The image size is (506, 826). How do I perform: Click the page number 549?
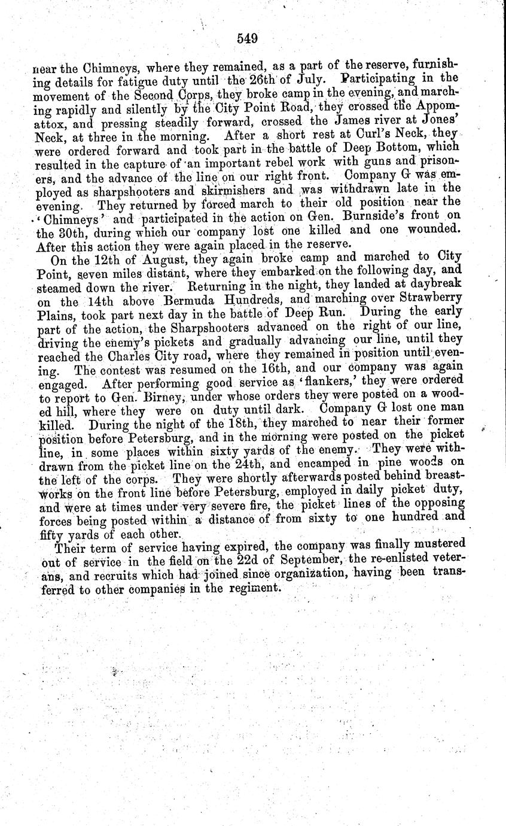(x=246, y=39)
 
